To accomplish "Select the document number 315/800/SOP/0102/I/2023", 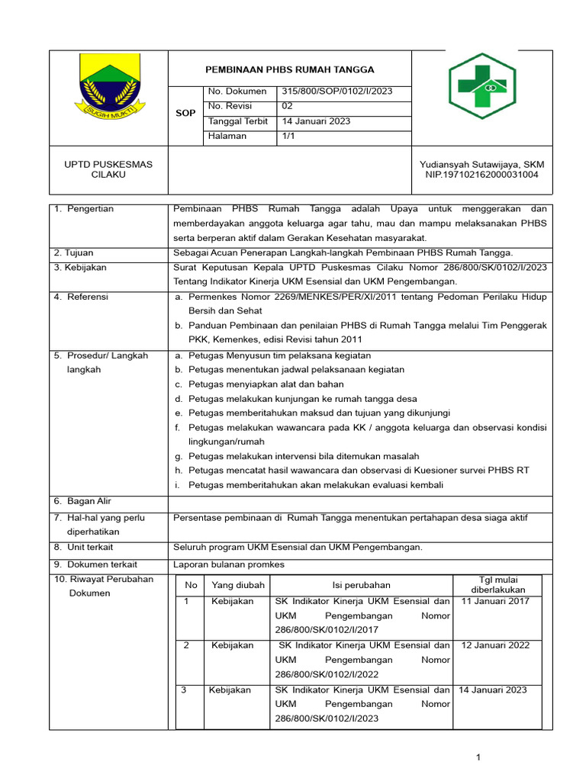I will pos(336,92).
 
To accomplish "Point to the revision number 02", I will pos(287,106).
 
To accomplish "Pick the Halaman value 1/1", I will pos(288,136).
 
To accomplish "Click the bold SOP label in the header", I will pos(185,113).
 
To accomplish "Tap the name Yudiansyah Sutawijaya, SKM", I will pos(481,164).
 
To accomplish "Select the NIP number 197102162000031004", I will pos(481,175).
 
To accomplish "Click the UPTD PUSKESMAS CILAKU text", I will pos(108,169).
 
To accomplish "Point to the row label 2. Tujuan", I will pos(73,253).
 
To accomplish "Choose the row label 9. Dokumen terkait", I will pos(95,564).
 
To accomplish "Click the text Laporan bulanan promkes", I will pos(229,564).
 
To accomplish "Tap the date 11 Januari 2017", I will pos(495,601).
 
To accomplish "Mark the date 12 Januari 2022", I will pos(495,645).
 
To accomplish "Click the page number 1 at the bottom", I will pos(478,757).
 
